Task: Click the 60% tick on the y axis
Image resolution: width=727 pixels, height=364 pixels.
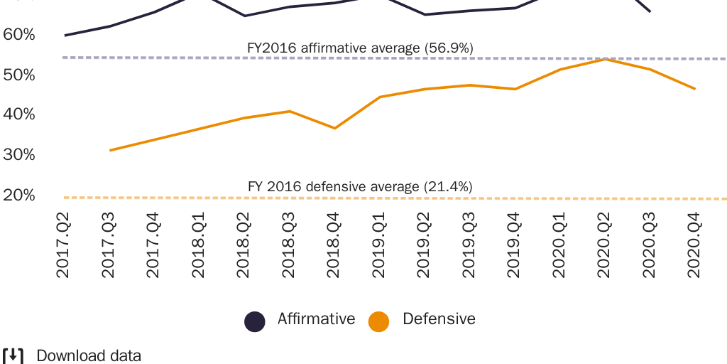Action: click(x=19, y=35)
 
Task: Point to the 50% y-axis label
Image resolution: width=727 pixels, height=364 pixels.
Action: click(x=19, y=75)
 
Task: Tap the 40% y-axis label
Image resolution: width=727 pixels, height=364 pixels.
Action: click(x=19, y=114)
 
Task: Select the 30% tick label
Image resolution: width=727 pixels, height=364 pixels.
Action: click(x=19, y=155)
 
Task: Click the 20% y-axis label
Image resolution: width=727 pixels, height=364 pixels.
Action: click(x=19, y=195)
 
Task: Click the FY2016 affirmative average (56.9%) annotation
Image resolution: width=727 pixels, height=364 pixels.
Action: click(x=360, y=48)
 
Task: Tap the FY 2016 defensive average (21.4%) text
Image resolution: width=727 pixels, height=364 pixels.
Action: click(x=360, y=187)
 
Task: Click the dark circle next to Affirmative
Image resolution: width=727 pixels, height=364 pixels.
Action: click(x=255, y=321)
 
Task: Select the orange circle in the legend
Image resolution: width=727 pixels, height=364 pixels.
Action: click(x=379, y=321)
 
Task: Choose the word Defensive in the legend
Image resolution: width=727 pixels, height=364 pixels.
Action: click(x=439, y=319)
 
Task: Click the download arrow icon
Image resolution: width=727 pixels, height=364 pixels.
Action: click(x=13, y=355)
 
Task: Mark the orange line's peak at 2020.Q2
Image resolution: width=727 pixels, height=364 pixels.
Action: click(x=604, y=59)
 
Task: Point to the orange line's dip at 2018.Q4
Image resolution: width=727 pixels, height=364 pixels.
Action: click(x=334, y=128)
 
